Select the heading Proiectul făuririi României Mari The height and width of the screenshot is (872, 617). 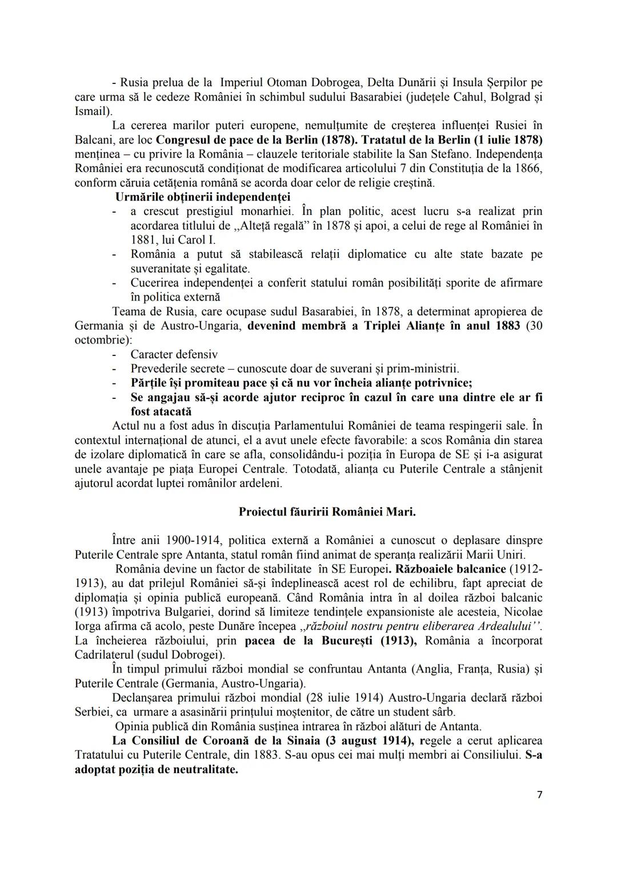tap(327, 511)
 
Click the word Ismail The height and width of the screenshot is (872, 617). tap(92, 111)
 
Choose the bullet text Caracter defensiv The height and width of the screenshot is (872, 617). tap(174, 354)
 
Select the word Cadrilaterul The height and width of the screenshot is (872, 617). tap(109, 655)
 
